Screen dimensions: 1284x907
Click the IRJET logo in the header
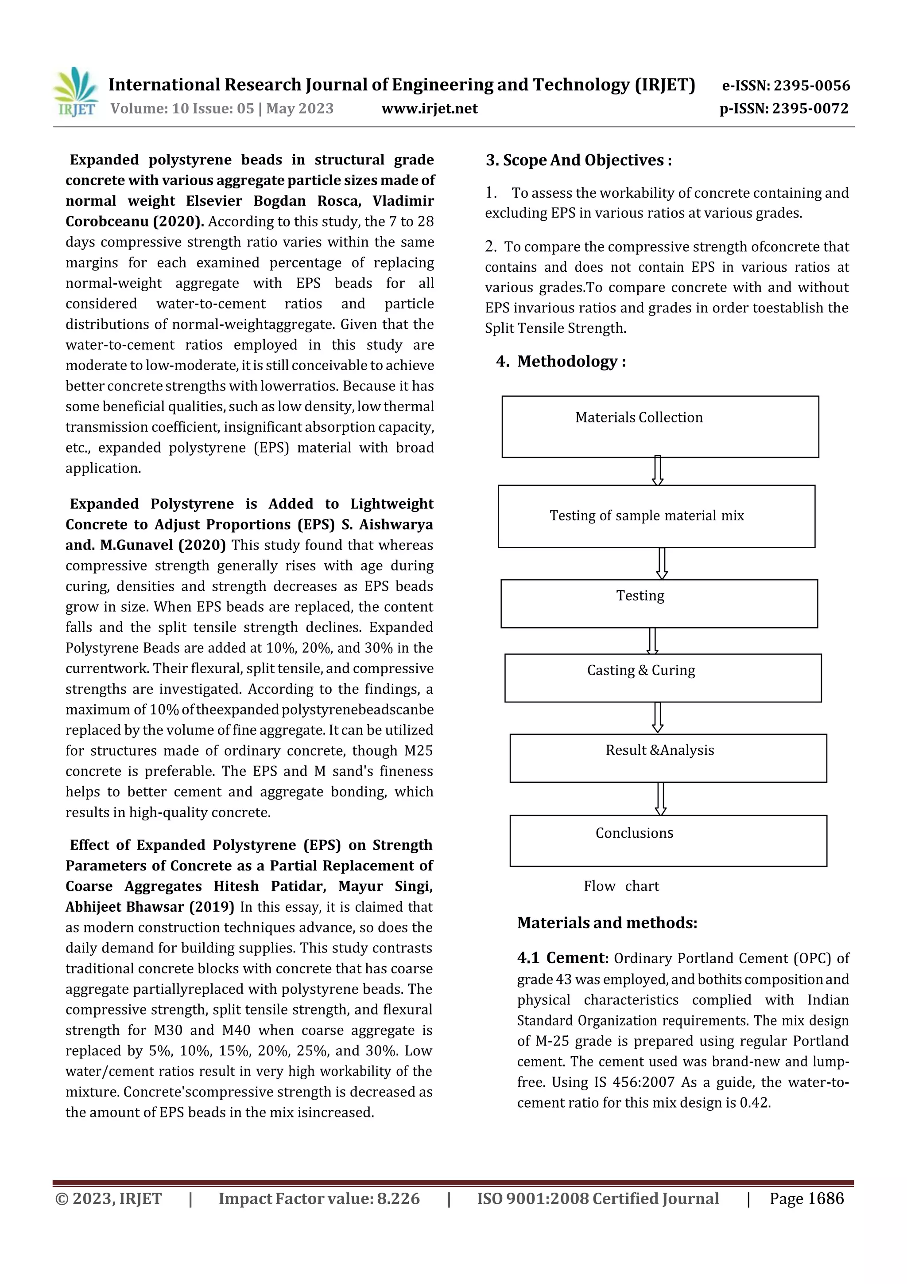tap(74, 92)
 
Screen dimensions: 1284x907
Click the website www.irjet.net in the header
tap(429, 109)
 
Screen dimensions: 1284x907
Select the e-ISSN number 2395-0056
tap(811, 86)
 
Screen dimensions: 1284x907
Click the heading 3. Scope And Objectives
tap(578, 160)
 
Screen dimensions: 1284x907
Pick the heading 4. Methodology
tap(561, 361)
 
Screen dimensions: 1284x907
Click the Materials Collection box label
tap(639, 417)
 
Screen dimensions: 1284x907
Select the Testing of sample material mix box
tap(647, 515)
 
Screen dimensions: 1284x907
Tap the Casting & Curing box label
tap(641, 670)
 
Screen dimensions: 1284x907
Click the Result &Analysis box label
tap(659, 750)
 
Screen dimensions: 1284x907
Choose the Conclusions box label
tap(634, 833)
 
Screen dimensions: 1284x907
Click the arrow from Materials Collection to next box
tap(658, 471)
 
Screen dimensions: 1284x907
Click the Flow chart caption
tap(621, 886)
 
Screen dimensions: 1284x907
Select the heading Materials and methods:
tap(607, 923)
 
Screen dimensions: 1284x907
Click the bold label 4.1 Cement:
tap(562, 958)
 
